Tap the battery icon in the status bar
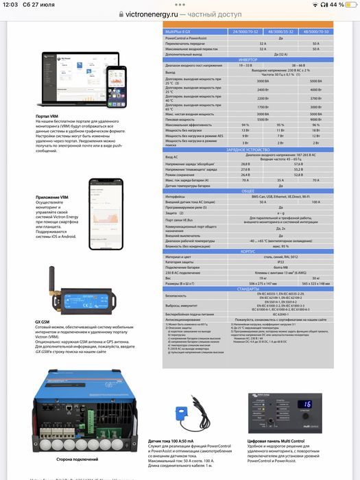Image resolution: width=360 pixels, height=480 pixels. [x=347, y=5]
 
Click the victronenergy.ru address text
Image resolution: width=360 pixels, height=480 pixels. [x=149, y=13]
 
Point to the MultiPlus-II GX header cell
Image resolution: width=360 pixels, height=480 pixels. [x=180, y=32]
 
